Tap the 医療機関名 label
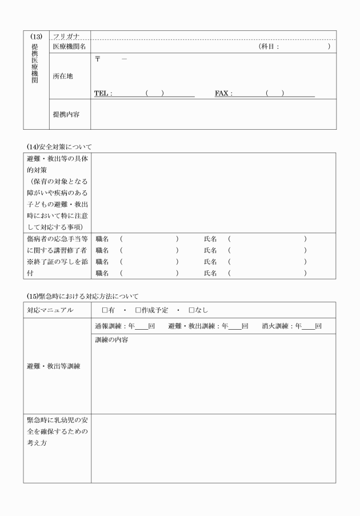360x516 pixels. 69,47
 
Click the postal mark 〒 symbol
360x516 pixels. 98,60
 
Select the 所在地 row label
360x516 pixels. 63,76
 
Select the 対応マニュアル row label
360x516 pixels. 50,310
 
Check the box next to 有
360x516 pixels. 105,310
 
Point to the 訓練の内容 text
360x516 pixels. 111,340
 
